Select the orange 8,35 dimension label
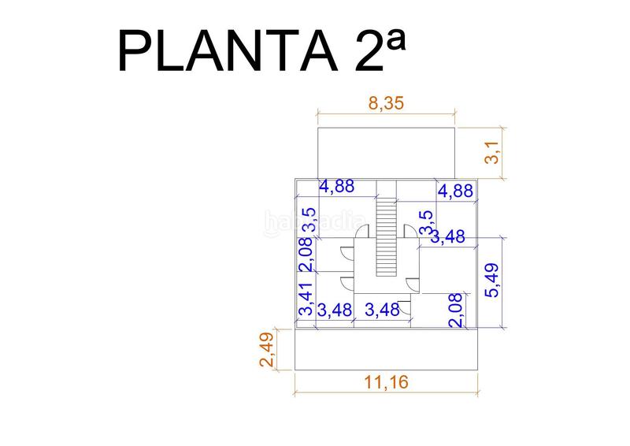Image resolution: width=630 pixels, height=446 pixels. click(386, 104)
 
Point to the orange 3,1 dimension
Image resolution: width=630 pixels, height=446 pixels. click(493, 151)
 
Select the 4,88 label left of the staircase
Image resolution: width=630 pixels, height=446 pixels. click(336, 187)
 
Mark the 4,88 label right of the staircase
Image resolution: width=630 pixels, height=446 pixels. click(456, 191)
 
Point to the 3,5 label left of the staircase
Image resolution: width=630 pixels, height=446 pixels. click(309, 220)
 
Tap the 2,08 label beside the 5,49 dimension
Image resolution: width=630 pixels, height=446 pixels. click(455, 310)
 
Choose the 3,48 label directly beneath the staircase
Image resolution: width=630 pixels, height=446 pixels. click(384, 310)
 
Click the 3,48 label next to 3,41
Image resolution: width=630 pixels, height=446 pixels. click(334, 310)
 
